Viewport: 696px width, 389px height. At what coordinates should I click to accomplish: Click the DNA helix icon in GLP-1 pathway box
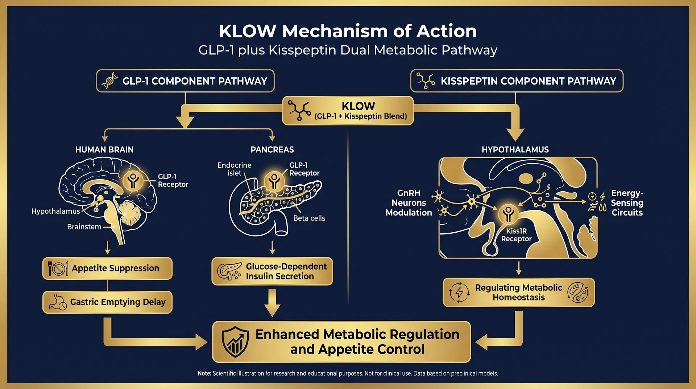(x=110, y=81)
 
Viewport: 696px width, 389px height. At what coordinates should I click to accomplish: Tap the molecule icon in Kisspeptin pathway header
(x=426, y=81)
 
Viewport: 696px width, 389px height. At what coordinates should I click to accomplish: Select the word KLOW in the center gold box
(x=358, y=106)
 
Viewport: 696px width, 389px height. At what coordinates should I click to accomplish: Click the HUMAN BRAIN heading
(x=104, y=150)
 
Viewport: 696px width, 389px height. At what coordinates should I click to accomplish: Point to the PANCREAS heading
(x=272, y=150)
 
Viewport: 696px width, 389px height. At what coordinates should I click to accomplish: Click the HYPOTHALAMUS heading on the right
(x=515, y=150)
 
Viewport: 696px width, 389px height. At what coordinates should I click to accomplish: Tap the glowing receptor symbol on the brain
(x=133, y=180)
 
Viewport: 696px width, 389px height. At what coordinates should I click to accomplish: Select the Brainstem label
(x=84, y=227)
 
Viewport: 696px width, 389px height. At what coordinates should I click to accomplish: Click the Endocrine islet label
(x=234, y=169)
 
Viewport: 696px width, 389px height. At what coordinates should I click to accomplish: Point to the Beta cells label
(x=309, y=218)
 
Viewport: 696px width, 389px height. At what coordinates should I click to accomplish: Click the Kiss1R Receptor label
(x=516, y=235)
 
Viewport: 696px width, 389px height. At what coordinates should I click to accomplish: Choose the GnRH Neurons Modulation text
(x=409, y=203)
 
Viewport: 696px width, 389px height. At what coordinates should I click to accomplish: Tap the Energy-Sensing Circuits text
(x=627, y=203)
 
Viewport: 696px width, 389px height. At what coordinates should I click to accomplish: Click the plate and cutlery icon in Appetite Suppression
(x=58, y=269)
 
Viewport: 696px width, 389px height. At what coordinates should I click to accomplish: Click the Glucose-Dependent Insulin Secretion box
(x=272, y=271)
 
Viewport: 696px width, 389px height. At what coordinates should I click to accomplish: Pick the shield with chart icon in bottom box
(x=236, y=342)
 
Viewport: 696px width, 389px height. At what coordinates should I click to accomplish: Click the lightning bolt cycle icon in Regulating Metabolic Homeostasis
(x=459, y=292)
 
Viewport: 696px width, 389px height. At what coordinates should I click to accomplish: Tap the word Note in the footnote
(x=204, y=373)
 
